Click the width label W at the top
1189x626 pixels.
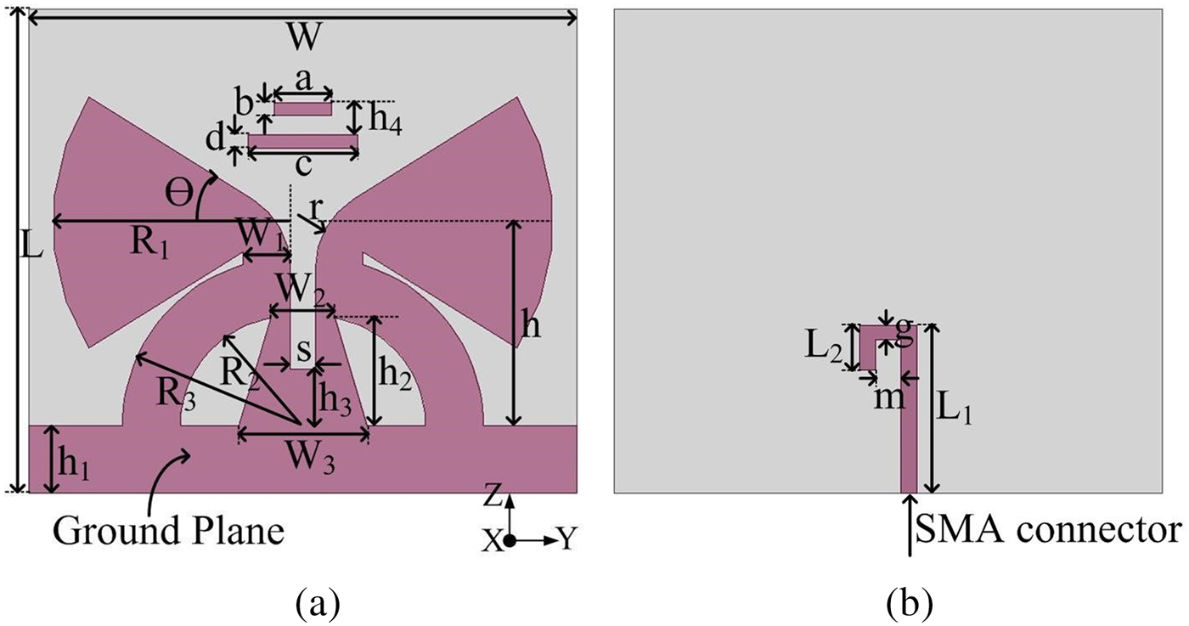(304, 37)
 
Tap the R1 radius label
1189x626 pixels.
(150, 245)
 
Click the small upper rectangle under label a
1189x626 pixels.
(303, 109)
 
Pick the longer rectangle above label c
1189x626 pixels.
(303, 141)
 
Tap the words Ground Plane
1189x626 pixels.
(168, 531)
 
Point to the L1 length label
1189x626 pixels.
(955, 411)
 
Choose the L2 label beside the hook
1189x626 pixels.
(824, 349)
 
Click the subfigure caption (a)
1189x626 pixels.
(318, 604)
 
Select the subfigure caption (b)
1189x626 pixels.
(910, 604)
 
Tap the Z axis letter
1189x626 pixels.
(493, 498)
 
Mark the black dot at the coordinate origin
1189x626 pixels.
(509, 541)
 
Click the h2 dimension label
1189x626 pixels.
(396, 375)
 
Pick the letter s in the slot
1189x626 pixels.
(303, 350)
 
